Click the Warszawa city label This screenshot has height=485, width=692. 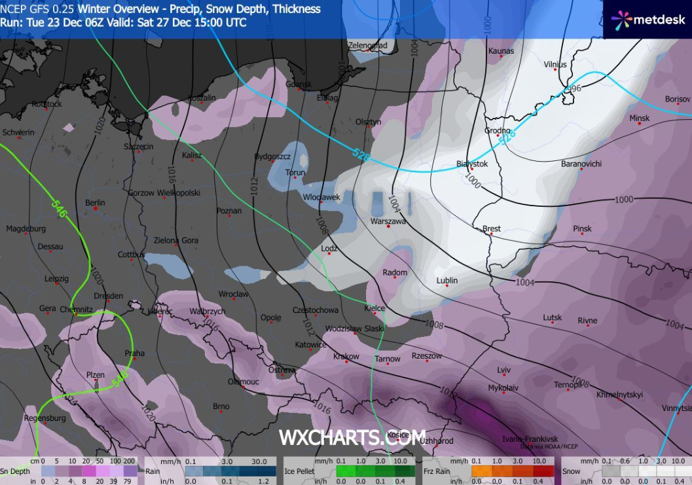(x=388, y=221)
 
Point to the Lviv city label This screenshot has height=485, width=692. (x=503, y=370)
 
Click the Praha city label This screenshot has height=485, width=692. (x=134, y=353)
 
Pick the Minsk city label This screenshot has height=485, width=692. (x=639, y=118)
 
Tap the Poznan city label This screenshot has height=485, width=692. (x=228, y=211)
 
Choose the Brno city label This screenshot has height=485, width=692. (x=221, y=406)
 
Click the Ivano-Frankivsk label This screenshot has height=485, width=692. (x=530, y=439)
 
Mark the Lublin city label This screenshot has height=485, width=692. (x=447, y=280)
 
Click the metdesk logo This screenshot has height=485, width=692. (x=649, y=20)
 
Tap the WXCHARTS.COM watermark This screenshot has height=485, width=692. (x=352, y=437)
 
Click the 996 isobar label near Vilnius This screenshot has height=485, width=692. (x=573, y=88)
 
